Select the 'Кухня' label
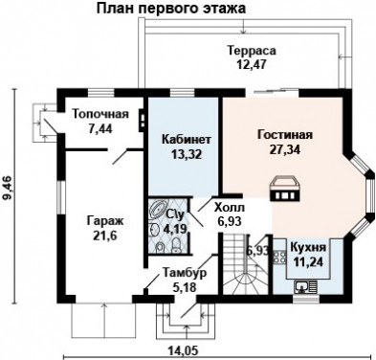(x=308, y=246)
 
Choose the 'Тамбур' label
(x=180, y=272)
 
